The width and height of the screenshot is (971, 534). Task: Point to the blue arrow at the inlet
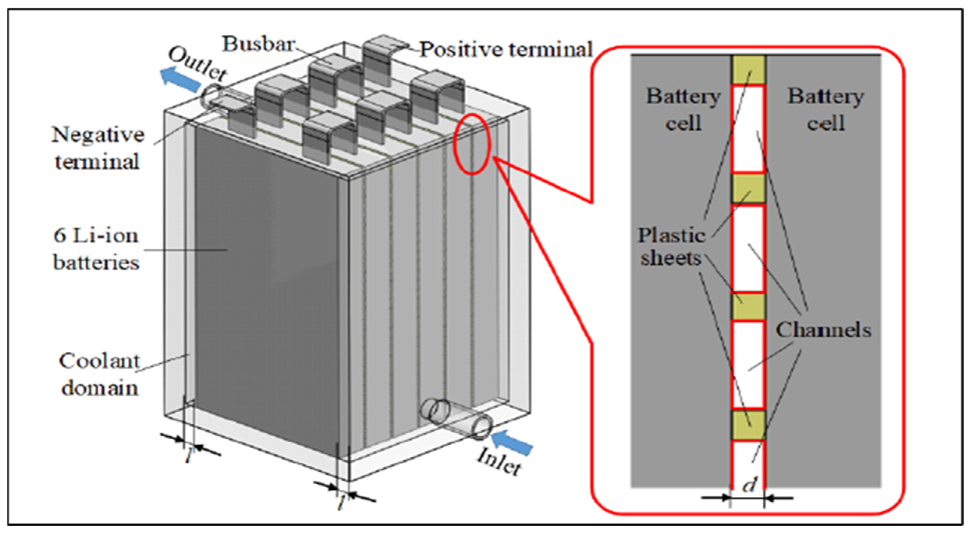point(513,443)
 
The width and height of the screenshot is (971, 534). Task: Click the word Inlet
point(499,462)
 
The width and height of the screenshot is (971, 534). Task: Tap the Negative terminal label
point(98,148)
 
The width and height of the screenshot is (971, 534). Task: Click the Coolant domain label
point(99,375)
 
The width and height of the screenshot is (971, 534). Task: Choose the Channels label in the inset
point(824,331)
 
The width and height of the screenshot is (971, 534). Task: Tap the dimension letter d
point(749,486)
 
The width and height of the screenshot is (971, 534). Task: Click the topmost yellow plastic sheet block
point(749,70)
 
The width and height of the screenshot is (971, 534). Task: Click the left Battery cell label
point(683,110)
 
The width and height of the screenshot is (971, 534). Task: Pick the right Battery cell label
point(826,110)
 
